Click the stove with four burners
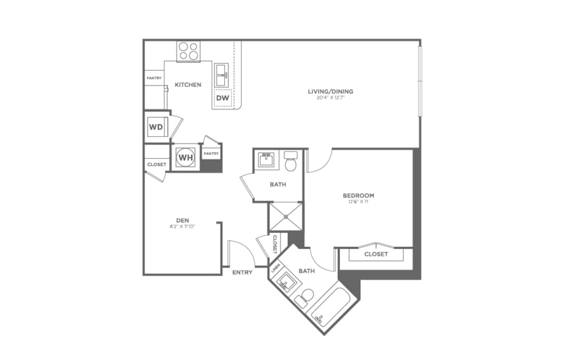coord(188,51)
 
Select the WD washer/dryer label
coord(155,127)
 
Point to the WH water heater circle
coord(186,156)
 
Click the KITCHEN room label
coord(188,85)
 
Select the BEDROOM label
coord(358,196)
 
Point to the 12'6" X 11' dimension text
coord(358,202)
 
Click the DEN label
coord(182,220)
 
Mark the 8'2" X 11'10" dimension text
coord(182,226)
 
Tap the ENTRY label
coord(242,273)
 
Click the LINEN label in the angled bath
coord(275,270)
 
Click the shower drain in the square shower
coord(286,217)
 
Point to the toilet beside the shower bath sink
coord(290,162)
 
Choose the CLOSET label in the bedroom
coord(376,254)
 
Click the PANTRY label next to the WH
coord(211,153)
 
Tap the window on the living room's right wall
coord(419,81)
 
